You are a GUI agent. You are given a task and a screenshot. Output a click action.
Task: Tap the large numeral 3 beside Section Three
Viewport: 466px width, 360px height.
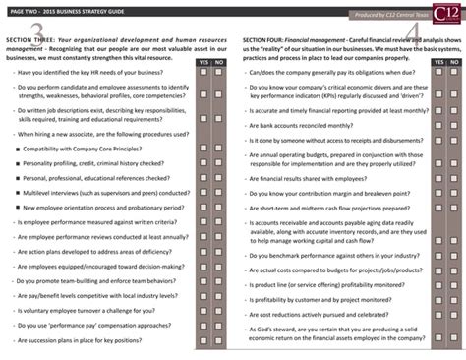click(x=36, y=30)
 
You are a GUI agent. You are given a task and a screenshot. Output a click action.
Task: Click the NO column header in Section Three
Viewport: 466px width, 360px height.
click(x=218, y=62)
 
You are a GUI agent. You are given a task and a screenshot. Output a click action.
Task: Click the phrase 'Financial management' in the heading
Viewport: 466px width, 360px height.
click(x=329, y=41)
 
